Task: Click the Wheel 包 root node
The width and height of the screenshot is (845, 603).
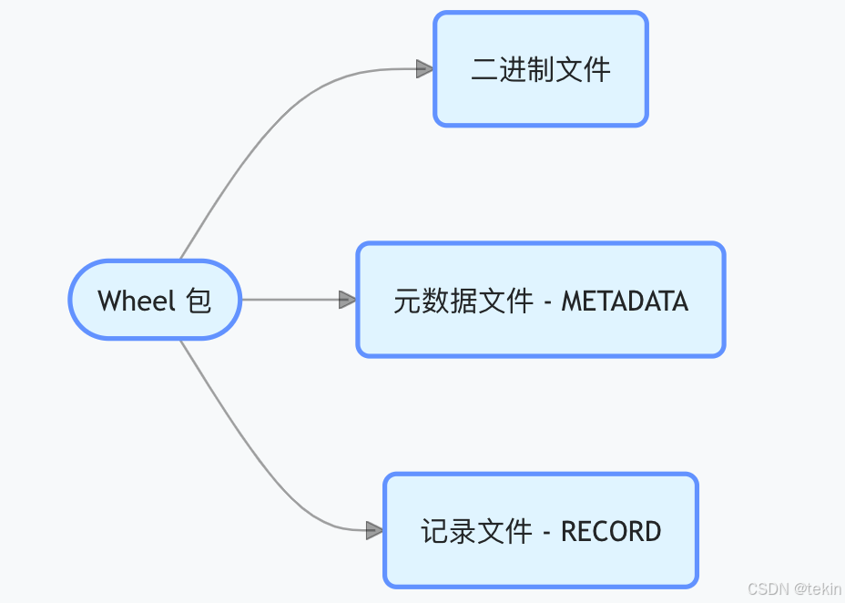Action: pos(155,300)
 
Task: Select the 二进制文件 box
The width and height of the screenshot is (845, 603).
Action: pos(540,69)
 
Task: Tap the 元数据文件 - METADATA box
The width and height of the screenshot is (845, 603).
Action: pos(540,300)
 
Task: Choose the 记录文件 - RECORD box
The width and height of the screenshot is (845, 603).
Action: pos(540,530)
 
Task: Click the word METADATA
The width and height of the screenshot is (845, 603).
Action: pos(625,301)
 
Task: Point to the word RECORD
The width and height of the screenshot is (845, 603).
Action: pos(611,531)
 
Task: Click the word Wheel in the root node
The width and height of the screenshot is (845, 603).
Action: pos(137,301)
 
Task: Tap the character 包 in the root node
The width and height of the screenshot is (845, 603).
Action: pos(199,301)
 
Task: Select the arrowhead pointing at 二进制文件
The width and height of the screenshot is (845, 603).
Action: pos(424,69)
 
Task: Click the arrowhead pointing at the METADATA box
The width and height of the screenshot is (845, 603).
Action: pos(347,300)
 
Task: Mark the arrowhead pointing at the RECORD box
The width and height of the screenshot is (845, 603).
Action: pos(374,530)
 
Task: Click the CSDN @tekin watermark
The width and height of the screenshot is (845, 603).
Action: pos(794,589)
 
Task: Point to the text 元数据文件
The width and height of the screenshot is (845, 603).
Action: pos(463,301)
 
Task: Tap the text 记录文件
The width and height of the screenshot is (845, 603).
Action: pos(476,531)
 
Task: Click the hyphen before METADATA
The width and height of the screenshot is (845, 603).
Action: pos(547,301)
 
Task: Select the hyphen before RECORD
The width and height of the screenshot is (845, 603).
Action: pos(546,532)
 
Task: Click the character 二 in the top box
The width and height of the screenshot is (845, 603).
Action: pos(484,70)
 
